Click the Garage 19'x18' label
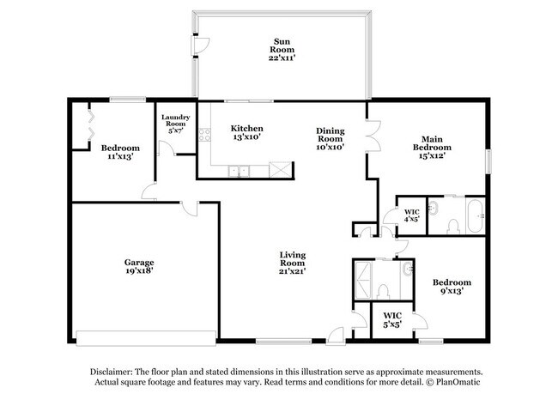point(138,267)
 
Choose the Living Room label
point(293,262)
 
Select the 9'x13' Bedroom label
point(452,287)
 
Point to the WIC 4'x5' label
point(411,215)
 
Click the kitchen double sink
point(241,171)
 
